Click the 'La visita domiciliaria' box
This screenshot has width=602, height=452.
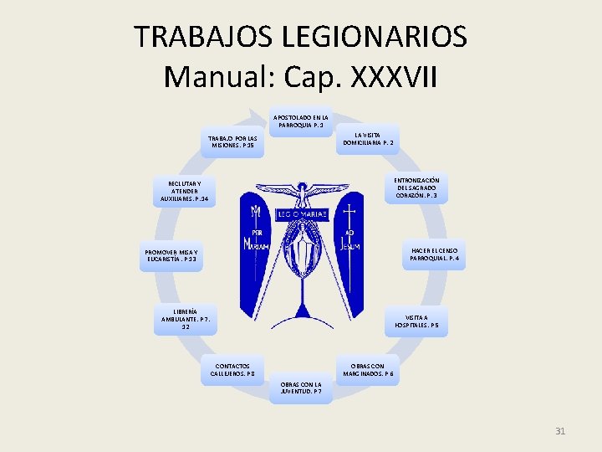click(368, 139)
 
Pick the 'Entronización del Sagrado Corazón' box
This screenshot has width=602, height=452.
click(418, 188)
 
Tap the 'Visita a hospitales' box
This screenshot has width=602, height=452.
click(416, 322)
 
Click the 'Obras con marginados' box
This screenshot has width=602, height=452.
click(368, 370)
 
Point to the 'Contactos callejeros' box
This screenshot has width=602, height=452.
click(232, 370)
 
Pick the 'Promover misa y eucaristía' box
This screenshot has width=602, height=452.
click(171, 255)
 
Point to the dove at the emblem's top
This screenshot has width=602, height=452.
click(301, 193)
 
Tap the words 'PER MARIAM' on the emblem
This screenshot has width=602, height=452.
click(258, 239)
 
